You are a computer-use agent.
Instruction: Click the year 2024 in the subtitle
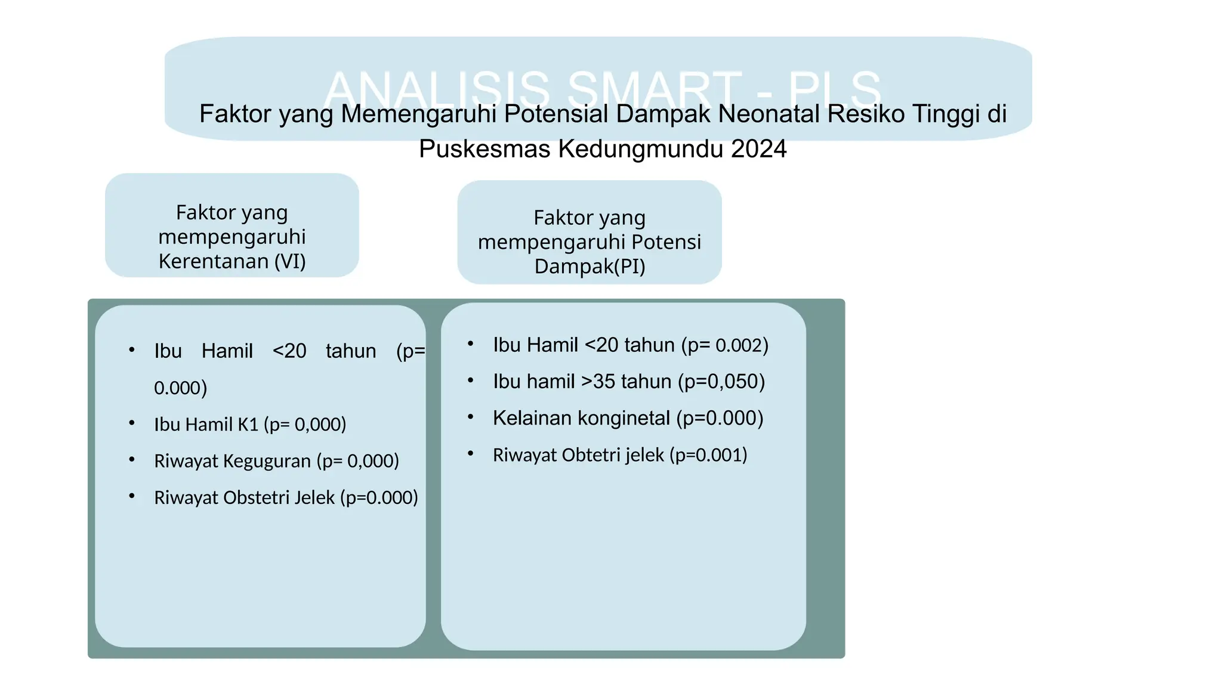point(758,149)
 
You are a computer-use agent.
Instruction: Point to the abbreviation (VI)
point(290,261)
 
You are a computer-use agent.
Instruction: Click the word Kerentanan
point(213,261)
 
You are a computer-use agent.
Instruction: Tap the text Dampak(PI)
point(590,266)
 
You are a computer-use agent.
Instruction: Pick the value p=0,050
point(721,382)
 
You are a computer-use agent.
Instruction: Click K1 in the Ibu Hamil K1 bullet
point(248,425)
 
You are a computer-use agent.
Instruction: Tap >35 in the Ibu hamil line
point(599,382)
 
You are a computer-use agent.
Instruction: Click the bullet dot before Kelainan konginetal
point(471,417)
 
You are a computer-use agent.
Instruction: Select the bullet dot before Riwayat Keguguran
point(132,460)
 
